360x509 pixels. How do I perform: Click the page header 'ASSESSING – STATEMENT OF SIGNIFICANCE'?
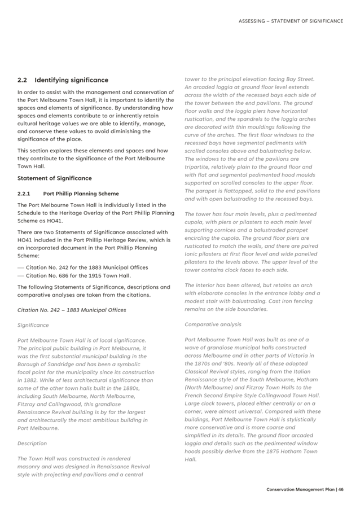pyautogui.click(x=291, y=21)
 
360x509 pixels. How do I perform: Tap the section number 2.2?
pyautogui.click(x=23, y=80)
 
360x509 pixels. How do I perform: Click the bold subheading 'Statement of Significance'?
pyautogui.click(x=54, y=178)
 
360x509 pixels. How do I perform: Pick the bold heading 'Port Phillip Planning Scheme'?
pyautogui.click(x=81, y=194)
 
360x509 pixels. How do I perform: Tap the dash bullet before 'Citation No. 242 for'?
pyautogui.click(x=21, y=267)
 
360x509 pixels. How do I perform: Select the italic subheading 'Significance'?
pyautogui.click(x=33, y=325)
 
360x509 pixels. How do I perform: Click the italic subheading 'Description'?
pyautogui.click(x=32, y=444)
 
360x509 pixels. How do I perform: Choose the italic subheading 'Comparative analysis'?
pyautogui.click(x=213, y=324)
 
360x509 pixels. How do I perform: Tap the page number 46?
pyautogui.click(x=341, y=489)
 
